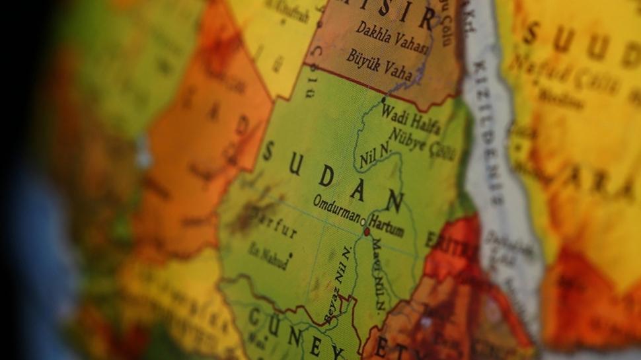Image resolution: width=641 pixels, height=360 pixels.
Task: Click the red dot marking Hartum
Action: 367,232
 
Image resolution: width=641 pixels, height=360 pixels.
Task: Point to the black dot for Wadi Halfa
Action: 383,100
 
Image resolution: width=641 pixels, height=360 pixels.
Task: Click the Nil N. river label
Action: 375,159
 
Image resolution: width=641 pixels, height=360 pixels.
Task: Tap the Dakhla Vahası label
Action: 393,39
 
